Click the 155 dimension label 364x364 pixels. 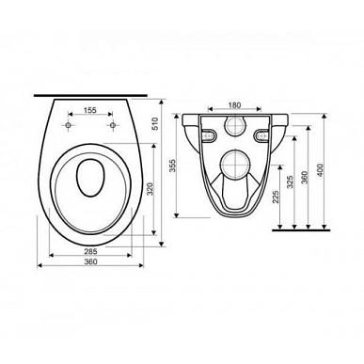point(90,110)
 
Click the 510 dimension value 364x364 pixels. point(156,123)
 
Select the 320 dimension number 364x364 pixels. point(150,189)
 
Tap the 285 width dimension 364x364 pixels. point(91,251)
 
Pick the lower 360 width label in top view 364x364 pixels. point(91,261)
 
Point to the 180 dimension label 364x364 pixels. point(234,105)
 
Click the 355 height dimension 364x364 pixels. point(172,166)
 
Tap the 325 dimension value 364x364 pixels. point(291,182)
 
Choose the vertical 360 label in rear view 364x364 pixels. point(305,177)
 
